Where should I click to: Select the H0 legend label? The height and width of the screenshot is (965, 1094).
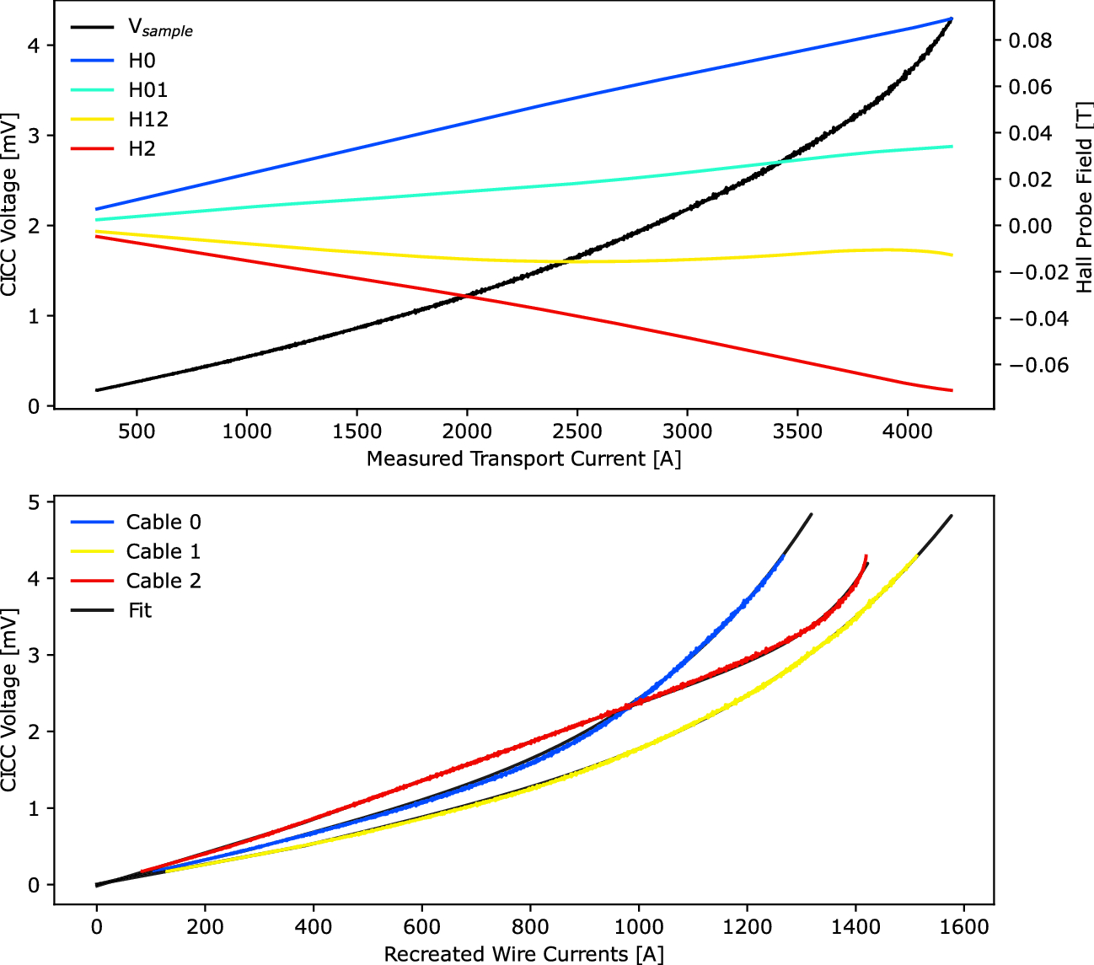(142, 61)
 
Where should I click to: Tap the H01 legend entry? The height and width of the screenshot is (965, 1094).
(147, 90)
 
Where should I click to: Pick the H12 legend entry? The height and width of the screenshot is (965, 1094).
(147, 120)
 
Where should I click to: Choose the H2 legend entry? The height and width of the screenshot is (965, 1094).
(142, 149)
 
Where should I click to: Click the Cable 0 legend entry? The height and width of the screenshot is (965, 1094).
(164, 522)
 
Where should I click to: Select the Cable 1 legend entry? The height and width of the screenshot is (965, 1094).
(164, 551)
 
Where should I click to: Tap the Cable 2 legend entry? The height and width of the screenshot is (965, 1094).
(164, 581)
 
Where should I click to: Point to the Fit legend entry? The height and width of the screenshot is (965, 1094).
(140, 610)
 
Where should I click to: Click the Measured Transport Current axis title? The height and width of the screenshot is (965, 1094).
(523, 458)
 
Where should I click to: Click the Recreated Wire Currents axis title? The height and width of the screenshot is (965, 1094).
(523, 954)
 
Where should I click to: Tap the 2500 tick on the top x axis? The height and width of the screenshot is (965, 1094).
(577, 432)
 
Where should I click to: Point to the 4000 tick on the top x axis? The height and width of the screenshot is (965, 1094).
(908, 432)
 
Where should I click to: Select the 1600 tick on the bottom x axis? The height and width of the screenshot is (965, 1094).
(964, 927)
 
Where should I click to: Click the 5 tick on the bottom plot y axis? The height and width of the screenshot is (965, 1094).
(34, 502)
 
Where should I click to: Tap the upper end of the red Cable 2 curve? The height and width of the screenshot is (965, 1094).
(866, 555)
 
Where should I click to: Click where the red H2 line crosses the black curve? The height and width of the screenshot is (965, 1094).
(465, 295)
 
